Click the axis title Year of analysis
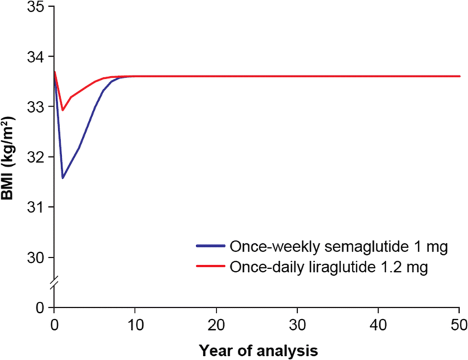[x=258, y=350]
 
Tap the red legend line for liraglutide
[x=210, y=267]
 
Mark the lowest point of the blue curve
[x=63, y=178]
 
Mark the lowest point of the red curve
[x=63, y=109]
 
